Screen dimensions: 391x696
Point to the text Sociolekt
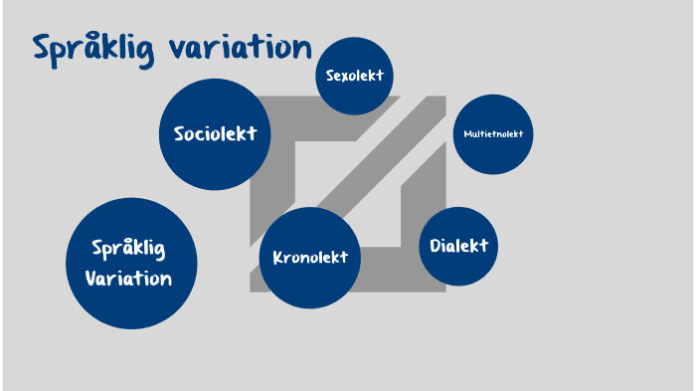(216, 133)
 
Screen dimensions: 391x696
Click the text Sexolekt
(355, 76)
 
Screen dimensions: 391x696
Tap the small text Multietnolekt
(493, 134)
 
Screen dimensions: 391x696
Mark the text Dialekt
(458, 246)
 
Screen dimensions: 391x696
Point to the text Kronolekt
(310, 258)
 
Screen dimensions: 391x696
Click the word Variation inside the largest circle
(128, 278)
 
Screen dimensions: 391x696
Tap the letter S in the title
(42, 48)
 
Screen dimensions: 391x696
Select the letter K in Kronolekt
(278, 258)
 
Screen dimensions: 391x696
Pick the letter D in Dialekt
(435, 246)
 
